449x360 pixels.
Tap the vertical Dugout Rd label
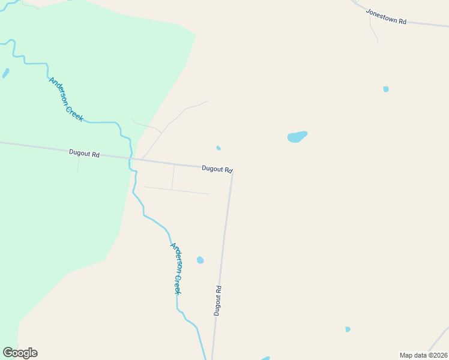pos(218,300)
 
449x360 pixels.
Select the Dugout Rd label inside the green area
pos(84,154)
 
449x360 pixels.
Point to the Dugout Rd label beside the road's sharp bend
pos(217,169)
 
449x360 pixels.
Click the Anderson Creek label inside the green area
pos(66,100)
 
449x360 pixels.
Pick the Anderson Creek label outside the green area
pos(176,268)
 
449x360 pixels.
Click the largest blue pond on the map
pos(297,137)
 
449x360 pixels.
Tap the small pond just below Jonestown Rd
pos(386,89)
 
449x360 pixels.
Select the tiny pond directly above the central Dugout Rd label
pos(218,148)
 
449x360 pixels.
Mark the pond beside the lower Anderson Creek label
pos(200,260)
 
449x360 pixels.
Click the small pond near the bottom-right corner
pos(348,329)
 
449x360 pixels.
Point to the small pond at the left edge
pos(5,73)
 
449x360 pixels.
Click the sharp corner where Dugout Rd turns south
pos(232,173)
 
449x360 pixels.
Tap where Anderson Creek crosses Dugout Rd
pos(131,159)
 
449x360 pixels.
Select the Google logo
pos(20,353)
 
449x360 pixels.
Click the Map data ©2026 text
pos(424,355)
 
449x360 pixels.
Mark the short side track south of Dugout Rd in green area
pos(77,165)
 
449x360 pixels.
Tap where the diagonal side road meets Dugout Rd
pos(142,160)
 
